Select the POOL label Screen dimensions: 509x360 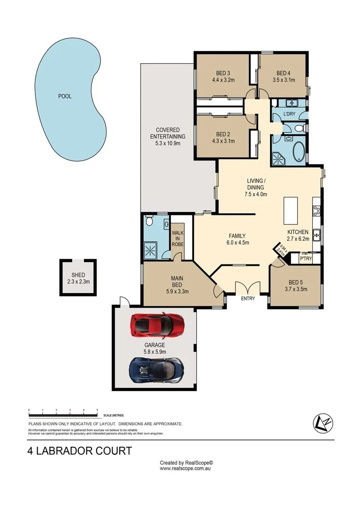[65, 96]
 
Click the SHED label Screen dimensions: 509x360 [78, 275]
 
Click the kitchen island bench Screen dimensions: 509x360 [290, 211]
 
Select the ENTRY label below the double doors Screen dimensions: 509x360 [248, 298]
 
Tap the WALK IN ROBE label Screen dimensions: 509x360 [178, 238]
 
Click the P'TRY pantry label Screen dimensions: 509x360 [306, 258]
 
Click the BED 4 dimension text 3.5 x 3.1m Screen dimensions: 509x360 [283, 80]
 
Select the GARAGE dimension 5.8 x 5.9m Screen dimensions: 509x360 [155, 351]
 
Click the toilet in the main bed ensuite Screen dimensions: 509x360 [149, 221]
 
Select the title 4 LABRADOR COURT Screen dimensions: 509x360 [80, 451]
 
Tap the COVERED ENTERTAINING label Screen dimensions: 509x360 [164, 133]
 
